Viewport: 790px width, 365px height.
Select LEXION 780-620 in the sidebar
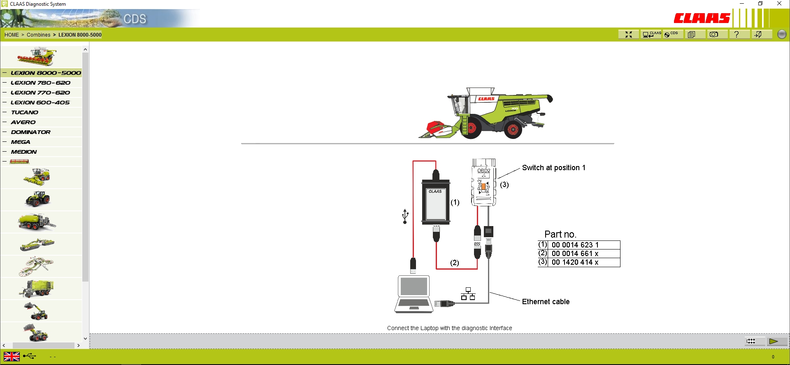40,83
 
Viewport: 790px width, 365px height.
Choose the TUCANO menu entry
25,112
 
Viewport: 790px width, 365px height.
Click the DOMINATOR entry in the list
31,132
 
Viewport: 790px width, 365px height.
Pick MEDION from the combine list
24,152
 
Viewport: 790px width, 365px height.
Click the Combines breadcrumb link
38,35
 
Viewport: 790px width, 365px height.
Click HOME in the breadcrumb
12,35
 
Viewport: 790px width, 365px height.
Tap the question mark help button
737,35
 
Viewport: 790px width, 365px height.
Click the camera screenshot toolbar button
714,35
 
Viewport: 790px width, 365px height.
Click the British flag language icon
12,356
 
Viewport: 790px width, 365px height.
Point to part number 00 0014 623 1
575,245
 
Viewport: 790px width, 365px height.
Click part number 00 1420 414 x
575,262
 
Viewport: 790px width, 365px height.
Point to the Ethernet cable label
546,302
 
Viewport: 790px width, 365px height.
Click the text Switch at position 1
553,168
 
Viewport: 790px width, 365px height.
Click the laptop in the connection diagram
414,294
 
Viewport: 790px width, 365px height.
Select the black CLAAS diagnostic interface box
436,203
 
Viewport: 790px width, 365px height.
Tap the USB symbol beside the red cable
405,216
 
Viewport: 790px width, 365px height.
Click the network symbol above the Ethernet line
468,294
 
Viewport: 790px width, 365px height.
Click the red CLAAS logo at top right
702,18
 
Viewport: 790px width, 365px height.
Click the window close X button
779,4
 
